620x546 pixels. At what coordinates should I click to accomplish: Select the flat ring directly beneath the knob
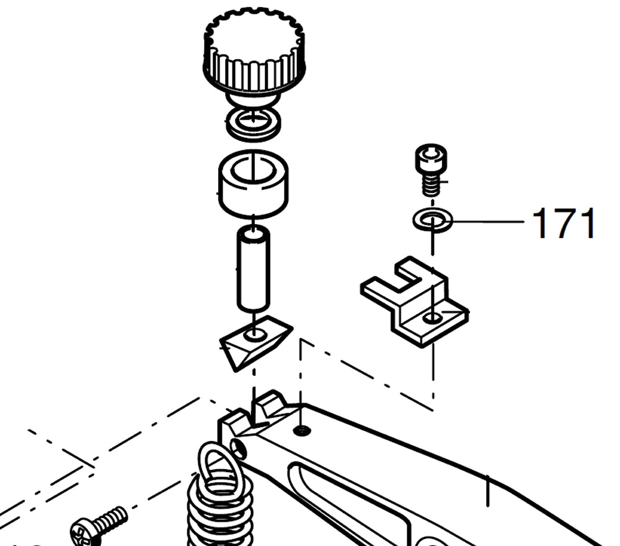(x=253, y=124)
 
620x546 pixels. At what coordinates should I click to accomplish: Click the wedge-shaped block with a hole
(x=255, y=342)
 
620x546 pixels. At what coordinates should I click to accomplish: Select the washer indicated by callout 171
(x=432, y=220)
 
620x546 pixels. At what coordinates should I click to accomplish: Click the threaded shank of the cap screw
(x=432, y=185)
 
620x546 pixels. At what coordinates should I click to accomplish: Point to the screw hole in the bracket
(x=433, y=318)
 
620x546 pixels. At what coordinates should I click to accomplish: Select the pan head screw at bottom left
(x=97, y=525)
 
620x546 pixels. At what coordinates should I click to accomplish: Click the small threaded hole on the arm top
(x=301, y=431)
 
